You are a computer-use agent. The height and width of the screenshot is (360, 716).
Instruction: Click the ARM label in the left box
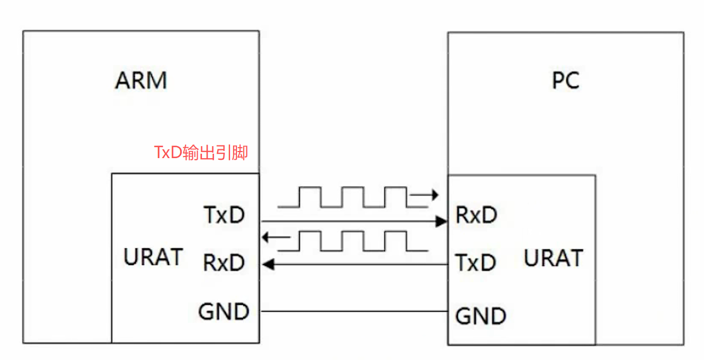(x=141, y=80)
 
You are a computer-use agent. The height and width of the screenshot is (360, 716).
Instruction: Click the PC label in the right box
(x=565, y=81)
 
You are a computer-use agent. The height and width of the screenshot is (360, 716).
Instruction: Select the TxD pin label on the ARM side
(x=224, y=216)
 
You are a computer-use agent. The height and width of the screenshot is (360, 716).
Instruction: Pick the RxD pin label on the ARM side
(x=224, y=263)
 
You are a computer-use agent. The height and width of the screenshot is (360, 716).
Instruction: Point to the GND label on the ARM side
(x=224, y=312)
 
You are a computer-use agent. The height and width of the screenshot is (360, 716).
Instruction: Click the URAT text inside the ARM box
(x=153, y=257)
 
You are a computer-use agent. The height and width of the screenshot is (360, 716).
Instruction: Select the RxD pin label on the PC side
(x=476, y=216)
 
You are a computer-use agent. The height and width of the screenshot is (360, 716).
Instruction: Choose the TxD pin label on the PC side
(x=476, y=263)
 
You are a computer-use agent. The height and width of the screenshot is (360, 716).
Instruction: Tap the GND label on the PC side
(x=481, y=316)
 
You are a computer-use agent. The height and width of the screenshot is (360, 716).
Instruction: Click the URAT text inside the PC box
(x=553, y=258)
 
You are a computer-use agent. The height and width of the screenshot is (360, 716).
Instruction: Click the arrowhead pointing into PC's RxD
(x=441, y=221)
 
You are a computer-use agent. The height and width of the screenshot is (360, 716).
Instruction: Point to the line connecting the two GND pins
(x=354, y=311)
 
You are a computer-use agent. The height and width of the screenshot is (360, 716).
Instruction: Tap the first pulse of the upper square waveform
(x=310, y=197)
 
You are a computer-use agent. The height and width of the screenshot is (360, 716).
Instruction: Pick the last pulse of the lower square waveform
(x=395, y=241)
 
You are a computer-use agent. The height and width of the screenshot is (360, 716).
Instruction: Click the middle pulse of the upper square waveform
(x=353, y=197)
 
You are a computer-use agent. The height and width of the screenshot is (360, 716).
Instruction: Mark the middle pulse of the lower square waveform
(x=353, y=241)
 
